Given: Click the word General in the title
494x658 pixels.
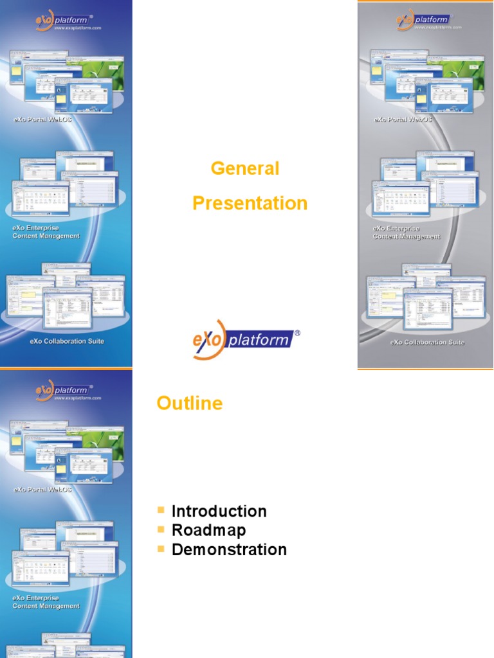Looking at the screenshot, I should point(245,169).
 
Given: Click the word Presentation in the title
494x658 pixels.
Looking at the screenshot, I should point(250,204).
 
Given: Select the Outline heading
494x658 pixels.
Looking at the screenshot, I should point(190,404).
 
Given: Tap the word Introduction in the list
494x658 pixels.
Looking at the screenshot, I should point(219,511).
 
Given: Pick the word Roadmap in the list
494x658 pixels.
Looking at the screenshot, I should point(208,531).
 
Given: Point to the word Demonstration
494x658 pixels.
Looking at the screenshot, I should point(229,550).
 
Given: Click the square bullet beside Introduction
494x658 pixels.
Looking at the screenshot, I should point(161,510).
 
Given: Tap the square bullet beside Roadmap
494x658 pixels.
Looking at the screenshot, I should point(161,529).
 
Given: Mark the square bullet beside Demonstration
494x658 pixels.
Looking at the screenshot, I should point(161,549).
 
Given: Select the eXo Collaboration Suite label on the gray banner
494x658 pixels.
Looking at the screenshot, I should point(427,342).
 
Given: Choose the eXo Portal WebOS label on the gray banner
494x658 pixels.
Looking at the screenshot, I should point(403,120).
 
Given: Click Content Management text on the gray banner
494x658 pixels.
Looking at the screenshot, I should point(407,236).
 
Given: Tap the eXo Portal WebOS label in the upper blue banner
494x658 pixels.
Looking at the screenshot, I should point(42,120).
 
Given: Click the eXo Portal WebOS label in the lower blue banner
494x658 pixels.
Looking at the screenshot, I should point(42,490).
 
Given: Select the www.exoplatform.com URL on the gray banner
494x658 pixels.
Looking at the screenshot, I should point(439,28).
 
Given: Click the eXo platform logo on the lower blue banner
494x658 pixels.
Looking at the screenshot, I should point(62,390).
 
